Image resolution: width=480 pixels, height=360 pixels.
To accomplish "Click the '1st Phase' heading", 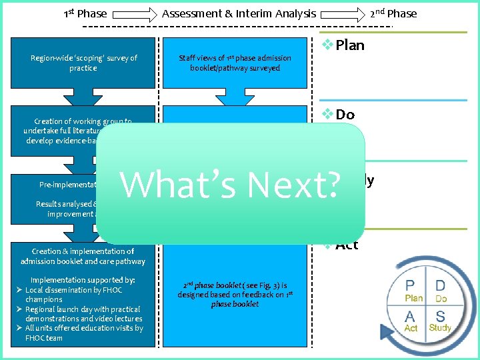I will (85, 13).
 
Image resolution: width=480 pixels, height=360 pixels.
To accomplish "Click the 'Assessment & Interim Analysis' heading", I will (239, 13).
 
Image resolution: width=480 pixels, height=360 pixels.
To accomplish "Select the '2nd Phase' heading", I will (393, 13).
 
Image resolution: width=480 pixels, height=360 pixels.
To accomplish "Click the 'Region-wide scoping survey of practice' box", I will (83, 63).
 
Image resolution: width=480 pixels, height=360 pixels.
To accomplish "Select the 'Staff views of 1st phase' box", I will (235, 63).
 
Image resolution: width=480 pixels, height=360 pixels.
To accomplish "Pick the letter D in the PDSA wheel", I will (441, 286).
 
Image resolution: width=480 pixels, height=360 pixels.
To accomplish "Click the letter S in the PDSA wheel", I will (440, 315).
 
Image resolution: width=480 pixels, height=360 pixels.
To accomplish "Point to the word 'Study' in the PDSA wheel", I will (440, 328).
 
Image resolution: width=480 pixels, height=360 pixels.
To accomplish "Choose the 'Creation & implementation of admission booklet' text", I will (83, 256).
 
